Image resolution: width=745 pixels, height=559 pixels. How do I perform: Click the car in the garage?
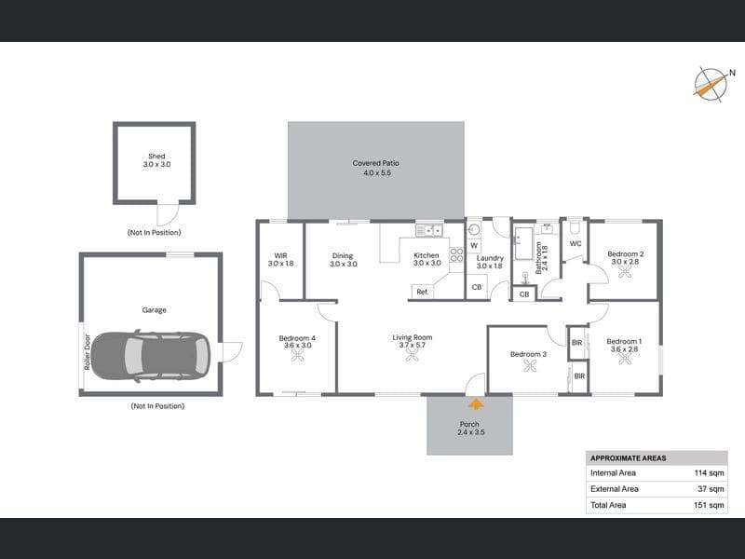[150, 356]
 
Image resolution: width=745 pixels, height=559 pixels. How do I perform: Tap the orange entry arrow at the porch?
[476, 404]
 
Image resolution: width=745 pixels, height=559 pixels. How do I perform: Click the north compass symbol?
[711, 85]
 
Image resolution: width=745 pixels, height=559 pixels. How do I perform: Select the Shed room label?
[156, 156]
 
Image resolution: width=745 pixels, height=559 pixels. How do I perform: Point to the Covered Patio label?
[376, 163]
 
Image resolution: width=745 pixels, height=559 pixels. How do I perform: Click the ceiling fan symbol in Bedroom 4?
[297, 356]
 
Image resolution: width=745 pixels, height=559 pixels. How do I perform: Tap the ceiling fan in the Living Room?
[412, 355]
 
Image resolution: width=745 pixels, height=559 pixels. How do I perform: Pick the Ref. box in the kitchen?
[423, 292]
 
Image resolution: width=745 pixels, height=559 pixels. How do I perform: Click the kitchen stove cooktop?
[456, 254]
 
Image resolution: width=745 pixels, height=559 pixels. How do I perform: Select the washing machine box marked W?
[474, 245]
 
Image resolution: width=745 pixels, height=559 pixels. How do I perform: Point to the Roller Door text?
[87, 352]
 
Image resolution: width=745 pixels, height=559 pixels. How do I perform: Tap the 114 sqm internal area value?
[709, 473]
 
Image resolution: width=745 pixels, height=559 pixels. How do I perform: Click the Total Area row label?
[608, 505]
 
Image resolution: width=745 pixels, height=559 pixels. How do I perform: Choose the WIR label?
[281, 255]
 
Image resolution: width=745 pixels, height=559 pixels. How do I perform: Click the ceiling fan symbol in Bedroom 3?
[529, 365]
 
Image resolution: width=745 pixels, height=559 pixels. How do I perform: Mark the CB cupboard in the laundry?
[477, 287]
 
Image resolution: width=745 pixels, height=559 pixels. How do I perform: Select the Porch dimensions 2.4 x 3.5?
[471, 432]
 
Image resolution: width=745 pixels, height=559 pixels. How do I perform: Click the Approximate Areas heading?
[628, 458]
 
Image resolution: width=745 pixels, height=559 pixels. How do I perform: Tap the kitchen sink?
[429, 230]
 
